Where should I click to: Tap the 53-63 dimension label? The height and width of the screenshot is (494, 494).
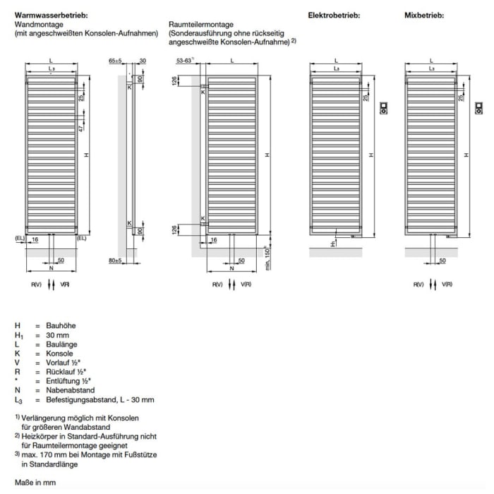tap(184, 61)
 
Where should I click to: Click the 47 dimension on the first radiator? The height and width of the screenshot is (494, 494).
tap(81, 128)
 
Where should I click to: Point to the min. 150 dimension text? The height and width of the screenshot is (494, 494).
tap(267, 258)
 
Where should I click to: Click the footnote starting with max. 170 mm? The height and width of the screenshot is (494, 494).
tap(85, 455)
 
